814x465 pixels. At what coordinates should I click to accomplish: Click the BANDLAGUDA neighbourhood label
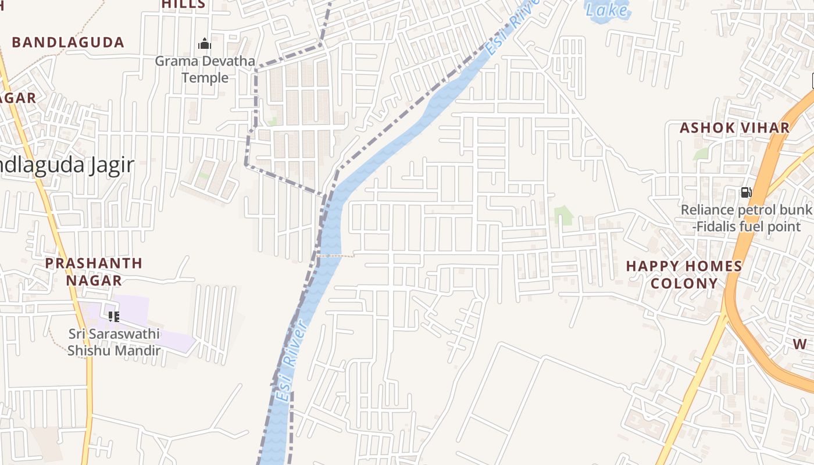pyautogui.click(x=68, y=42)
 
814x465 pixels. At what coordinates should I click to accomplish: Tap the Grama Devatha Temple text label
pyautogui.click(x=205, y=69)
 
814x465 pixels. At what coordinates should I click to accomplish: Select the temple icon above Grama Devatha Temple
pyautogui.click(x=205, y=44)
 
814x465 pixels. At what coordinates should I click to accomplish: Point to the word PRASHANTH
pyautogui.click(x=94, y=263)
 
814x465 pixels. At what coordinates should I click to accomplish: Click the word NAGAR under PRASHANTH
pyautogui.click(x=94, y=280)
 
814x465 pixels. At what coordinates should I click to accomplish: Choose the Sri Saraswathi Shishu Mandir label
pyautogui.click(x=114, y=342)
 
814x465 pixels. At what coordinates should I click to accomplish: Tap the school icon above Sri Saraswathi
pyautogui.click(x=114, y=317)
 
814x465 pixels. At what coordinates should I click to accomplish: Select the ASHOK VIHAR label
pyautogui.click(x=734, y=128)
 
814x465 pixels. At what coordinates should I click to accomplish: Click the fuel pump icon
pyautogui.click(x=746, y=192)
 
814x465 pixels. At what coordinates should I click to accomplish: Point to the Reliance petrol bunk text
pyautogui.click(x=746, y=210)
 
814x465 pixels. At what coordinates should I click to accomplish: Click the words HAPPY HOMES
pyautogui.click(x=684, y=267)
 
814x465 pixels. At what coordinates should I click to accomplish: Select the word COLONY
pyautogui.click(x=684, y=284)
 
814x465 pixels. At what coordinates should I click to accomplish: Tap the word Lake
pyautogui.click(x=606, y=10)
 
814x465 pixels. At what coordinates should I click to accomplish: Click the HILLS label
pyautogui.click(x=184, y=4)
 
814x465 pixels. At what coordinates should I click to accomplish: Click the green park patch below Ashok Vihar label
pyautogui.click(x=701, y=154)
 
